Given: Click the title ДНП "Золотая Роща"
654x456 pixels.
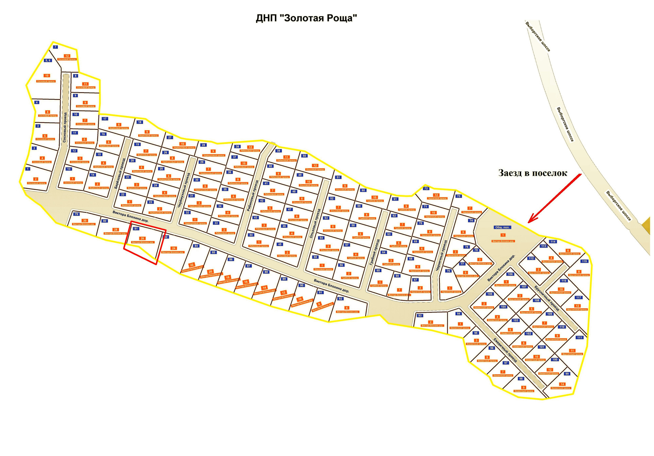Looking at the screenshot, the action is tap(306, 18).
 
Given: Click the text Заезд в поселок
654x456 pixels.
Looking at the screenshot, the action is tap(533, 173).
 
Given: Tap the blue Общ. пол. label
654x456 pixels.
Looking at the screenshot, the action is tap(502, 227).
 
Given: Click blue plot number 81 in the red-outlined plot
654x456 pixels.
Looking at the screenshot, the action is tap(136, 229).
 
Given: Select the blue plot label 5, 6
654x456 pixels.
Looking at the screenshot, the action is tap(48, 60).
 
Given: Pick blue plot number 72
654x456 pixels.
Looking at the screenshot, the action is tap(425, 188).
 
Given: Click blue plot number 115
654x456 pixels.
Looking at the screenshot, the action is tap(584, 261).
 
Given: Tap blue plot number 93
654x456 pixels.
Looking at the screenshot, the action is tap(420, 315).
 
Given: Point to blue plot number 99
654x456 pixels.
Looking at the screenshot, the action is tap(567, 374).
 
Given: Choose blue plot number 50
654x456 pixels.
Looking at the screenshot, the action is tap(304, 156).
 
